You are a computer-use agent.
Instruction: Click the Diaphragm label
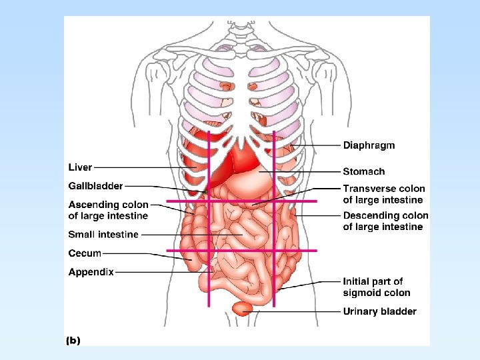coord(369,145)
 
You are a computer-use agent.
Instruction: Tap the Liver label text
coord(80,167)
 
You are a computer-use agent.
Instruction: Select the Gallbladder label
coord(95,185)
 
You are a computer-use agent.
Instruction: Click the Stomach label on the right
coord(363,172)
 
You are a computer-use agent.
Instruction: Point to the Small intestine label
coord(103,235)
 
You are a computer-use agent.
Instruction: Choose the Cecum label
coord(85,253)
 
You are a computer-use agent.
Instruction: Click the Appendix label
coord(91,272)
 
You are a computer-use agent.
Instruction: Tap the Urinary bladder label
coord(379,311)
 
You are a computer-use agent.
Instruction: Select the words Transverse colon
coord(383,189)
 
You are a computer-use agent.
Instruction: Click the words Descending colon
coord(385,216)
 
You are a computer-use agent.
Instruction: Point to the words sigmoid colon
coord(377,293)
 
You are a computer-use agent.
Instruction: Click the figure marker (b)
coord(73,340)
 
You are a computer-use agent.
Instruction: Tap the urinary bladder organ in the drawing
coord(242,307)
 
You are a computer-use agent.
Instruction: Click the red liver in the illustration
coord(227,163)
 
